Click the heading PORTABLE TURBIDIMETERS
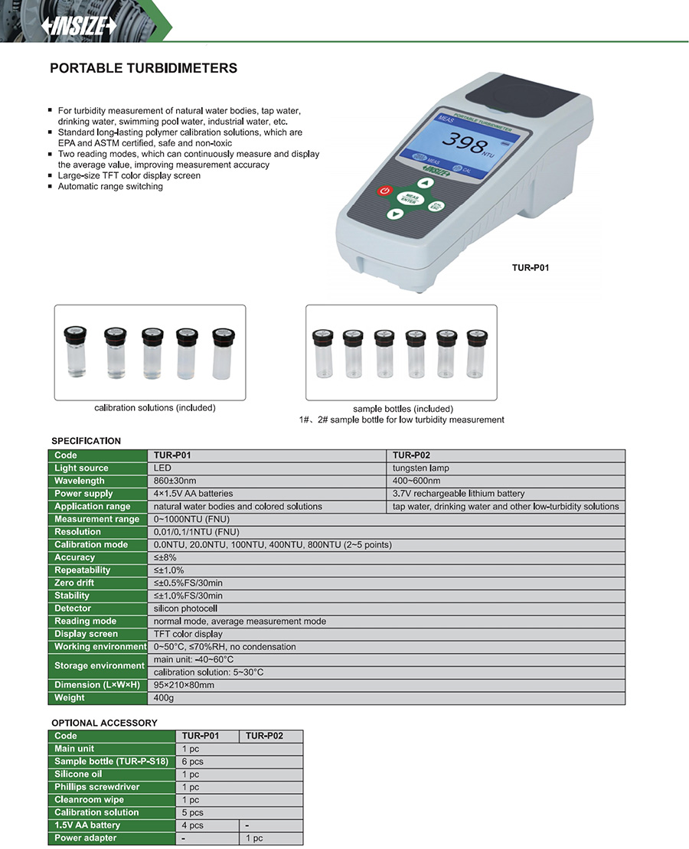click(x=143, y=68)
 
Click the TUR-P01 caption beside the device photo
click(x=531, y=268)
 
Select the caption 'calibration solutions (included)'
click(x=155, y=408)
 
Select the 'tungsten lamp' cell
click(x=420, y=468)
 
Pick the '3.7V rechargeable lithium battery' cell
click(x=459, y=494)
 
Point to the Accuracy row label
click(x=75, y=557)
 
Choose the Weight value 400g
click(x=165, y=698)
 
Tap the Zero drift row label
click(x=74, y=583)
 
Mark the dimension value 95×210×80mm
click(x=184, y=685)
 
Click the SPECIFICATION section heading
click(x=86, y=441)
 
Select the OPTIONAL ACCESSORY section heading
click(x=104, y=723)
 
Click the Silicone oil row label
click(x=78, y=774)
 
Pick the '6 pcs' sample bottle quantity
click(x=193, y=762)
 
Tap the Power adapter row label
click(x=86, y=838)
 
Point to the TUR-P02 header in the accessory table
click(x=264, y=736)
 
